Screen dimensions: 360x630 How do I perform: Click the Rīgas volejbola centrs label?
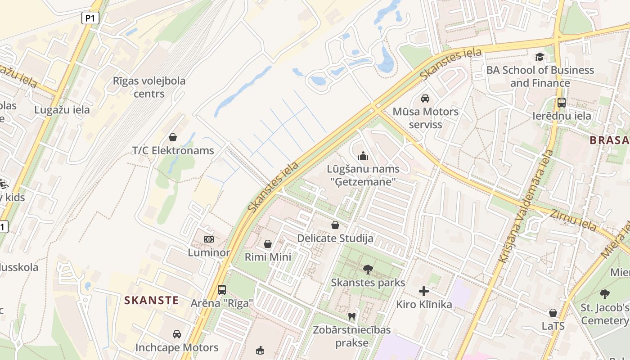click(x=149, y=87)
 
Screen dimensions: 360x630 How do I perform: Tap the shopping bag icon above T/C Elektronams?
click(x=173, y=137)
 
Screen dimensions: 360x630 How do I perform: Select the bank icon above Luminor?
click(x=209, y=239)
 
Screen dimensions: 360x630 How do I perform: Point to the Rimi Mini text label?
click(x=268, y=257)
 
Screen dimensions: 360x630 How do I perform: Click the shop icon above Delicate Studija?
click(x=335, y=225)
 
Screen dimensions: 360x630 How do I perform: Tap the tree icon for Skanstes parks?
click(x=368, y=270)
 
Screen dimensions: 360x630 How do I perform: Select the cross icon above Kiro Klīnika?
click(x=424, y=291)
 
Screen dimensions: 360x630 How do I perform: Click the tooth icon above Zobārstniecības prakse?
click(x=352, y=316)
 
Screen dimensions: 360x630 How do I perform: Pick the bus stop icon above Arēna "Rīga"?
click(x=222, y=289)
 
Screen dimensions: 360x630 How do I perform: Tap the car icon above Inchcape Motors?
click(x=177, y=334)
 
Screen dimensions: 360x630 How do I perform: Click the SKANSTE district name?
click(x=151, y=300)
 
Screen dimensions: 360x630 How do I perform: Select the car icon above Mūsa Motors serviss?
click(x=425, y=98)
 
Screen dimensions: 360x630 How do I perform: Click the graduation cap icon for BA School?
click(x=540, y=57)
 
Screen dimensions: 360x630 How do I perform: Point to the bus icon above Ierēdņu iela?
click(x=562, y=102)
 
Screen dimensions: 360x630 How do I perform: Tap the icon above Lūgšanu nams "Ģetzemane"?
click(x=363, y=156)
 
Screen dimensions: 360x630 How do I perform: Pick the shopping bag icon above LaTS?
click(x=553, y=313)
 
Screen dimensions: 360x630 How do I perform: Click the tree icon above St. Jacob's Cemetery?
click(x=605, y=294)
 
